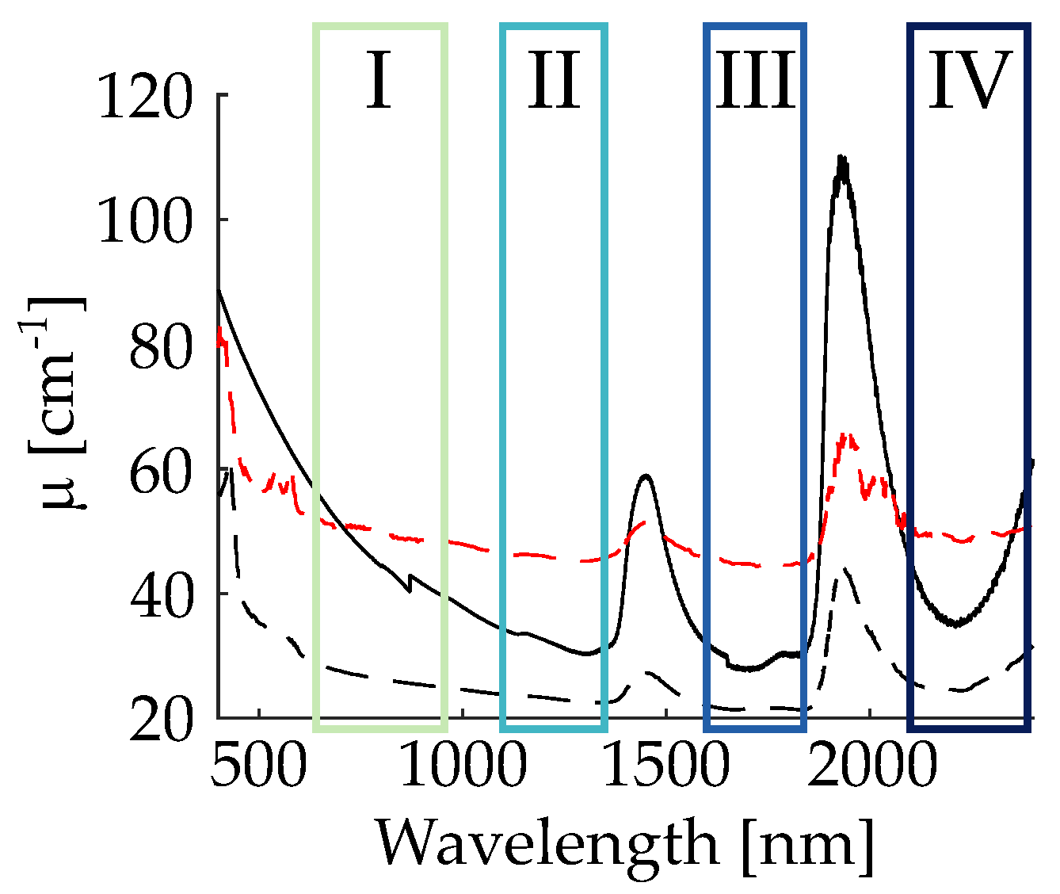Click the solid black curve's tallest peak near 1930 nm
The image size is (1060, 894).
coord(841,159)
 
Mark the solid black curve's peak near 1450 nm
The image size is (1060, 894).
coord(646,476)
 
